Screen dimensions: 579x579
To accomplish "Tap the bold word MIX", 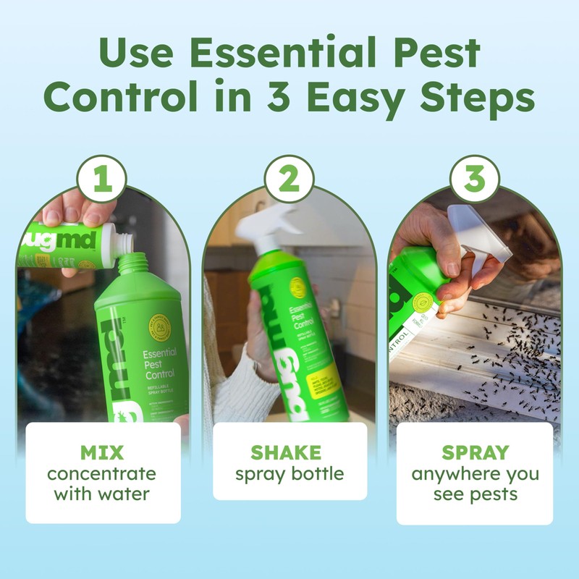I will point(102,454).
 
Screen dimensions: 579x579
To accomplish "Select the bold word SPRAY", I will point(475,454).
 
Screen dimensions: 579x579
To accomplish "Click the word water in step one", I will point(127,495).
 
